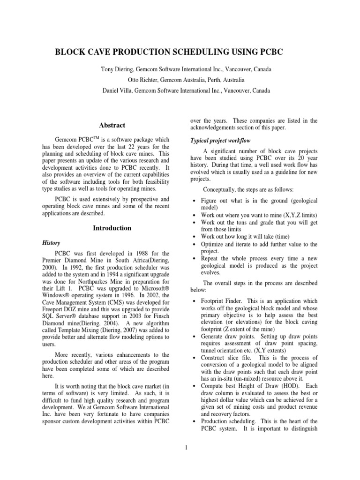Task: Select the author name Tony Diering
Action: coord(117,69)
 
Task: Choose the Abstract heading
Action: coord(112,125)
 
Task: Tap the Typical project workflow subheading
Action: coord(217,141)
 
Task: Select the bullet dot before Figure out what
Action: coord(194,201)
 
